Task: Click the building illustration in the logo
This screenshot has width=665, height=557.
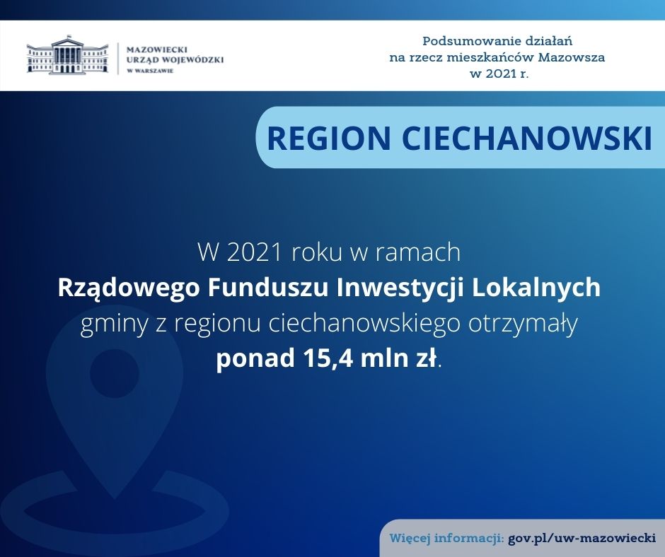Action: pos(67,54)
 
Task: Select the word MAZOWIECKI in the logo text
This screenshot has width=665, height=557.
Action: pos(157,49)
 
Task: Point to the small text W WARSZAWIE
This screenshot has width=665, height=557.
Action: pos(150,71)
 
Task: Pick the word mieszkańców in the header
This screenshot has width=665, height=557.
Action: pos(492,57)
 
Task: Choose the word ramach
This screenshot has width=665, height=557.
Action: pos(416,252)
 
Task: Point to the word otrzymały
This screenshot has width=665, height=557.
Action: pos(523,324)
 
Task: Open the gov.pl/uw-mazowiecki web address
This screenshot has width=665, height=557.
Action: pos(582,539)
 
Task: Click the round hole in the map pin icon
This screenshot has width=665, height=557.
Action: pos(115,375)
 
